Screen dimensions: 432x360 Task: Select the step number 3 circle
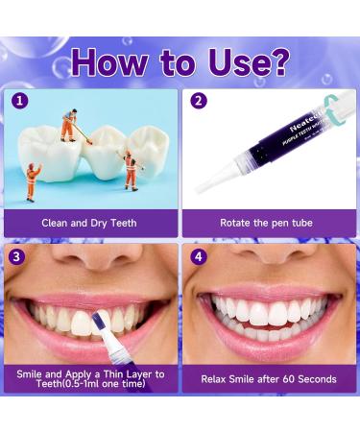(18, 256)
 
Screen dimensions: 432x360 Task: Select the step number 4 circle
(199, 256)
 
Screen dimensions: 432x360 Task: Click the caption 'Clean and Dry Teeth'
(89, 223)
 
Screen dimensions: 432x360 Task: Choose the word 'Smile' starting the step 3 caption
(31, 372)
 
